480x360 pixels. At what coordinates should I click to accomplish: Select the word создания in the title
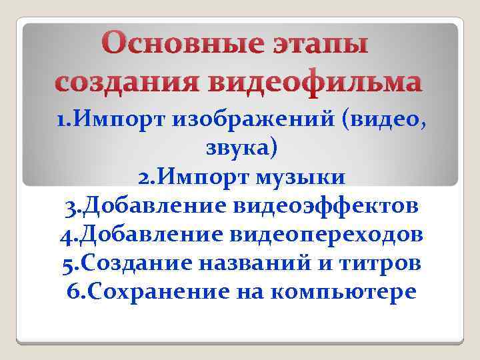pyautogui.click(x=126, y=83)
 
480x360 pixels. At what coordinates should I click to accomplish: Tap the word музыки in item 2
pyautogui.click(x=303, y=178)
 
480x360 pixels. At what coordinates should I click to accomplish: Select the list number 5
pyautogui.click(x=68, y=264)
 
